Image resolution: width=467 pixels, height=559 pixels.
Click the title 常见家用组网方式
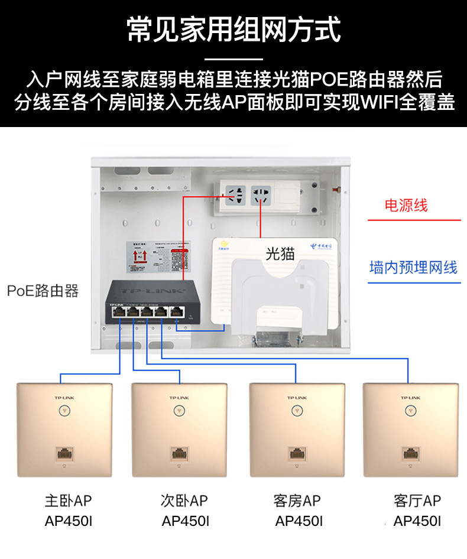(234, 29)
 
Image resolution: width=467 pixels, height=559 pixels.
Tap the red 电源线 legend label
(406, 206)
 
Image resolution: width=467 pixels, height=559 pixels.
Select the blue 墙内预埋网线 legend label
(413, 267)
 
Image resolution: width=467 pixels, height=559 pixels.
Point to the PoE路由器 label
(43, 291)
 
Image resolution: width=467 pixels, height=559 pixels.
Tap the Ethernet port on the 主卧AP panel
(64, 454)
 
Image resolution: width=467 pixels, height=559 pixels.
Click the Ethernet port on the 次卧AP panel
(180, 454)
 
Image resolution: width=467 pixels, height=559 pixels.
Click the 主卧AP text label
(68, 501)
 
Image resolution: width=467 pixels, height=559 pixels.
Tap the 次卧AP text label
(184, 501)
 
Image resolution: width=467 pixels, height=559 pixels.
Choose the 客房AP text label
(297, 501)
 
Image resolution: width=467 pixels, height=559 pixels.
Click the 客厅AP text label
(417, 501)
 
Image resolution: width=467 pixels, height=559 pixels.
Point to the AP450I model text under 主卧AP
(68, 521)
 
